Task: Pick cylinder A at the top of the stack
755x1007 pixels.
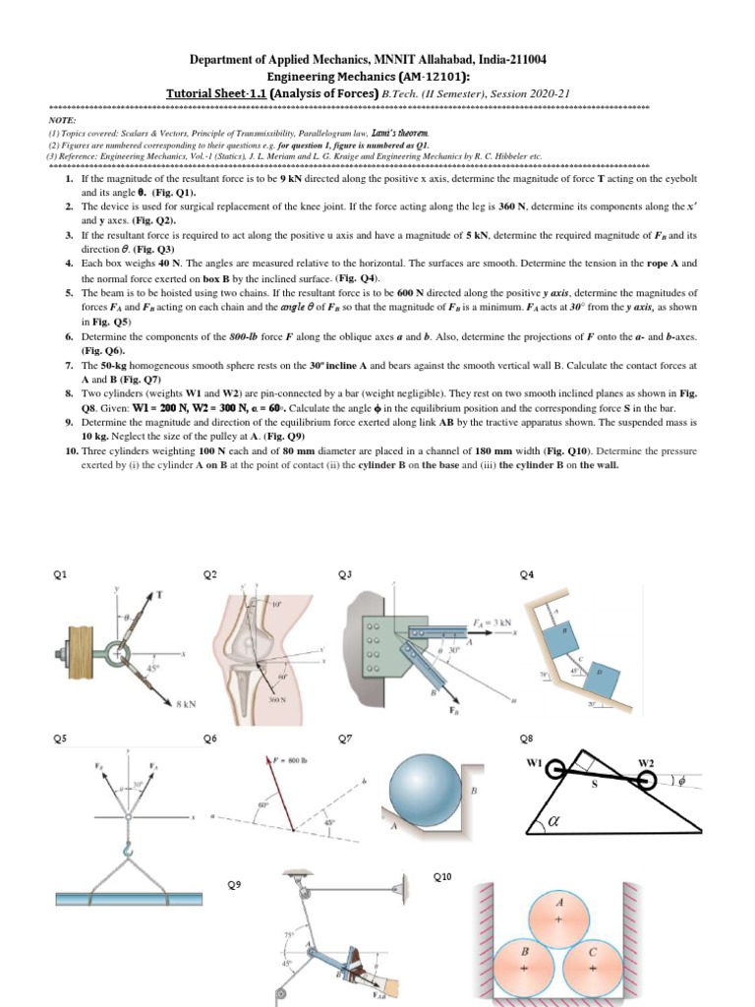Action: (x=559, y=917)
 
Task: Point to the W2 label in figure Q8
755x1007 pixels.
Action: (x=646, y=762)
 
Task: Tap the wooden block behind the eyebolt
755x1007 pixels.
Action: (x=79, y=653)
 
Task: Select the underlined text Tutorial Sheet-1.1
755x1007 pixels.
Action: (x=216, y=93)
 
